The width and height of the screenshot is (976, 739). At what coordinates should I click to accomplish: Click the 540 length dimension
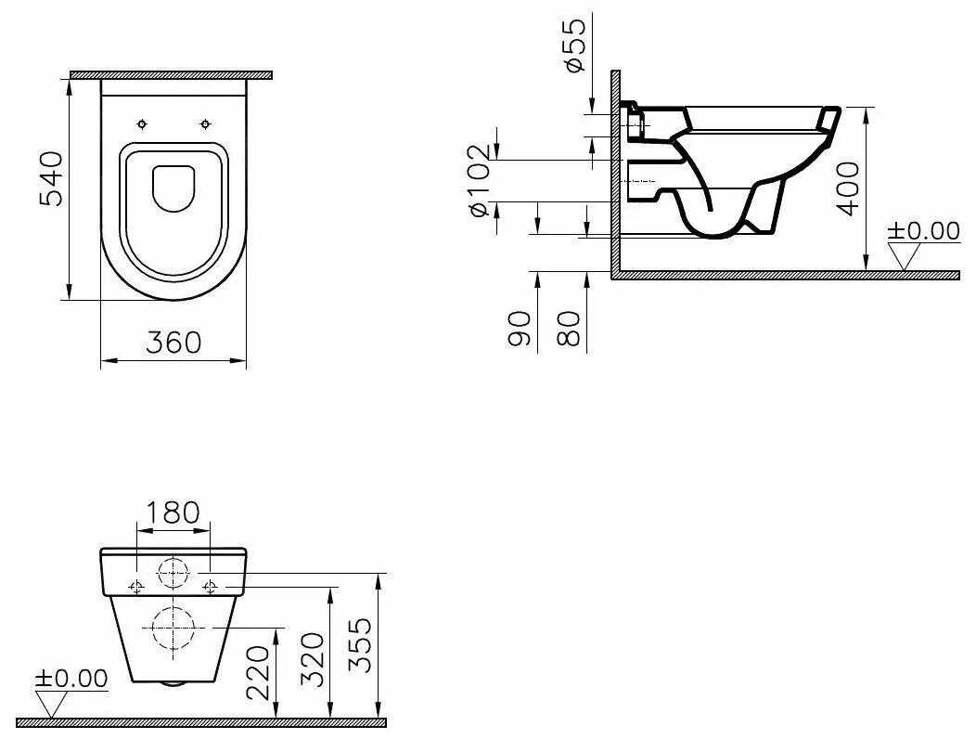click(50, 178)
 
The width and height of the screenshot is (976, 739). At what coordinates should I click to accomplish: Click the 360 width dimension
click(173, 342)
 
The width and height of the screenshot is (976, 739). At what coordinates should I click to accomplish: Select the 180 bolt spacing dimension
click(173, 512)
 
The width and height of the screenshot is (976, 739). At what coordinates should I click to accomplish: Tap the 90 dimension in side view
click(520, 328)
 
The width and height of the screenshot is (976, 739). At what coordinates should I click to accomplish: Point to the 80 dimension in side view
click(570, 328)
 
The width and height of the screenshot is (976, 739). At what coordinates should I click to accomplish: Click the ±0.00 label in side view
click(923, 230)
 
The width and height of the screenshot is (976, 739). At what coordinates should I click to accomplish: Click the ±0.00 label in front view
click(71, 679)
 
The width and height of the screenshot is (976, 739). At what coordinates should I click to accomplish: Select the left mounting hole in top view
click(142, 123)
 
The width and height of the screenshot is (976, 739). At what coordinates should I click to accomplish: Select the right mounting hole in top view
click(205, 123)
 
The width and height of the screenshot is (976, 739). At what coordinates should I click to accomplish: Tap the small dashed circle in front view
click(173, 574)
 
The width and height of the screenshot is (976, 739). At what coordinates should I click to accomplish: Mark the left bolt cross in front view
click(136, 586)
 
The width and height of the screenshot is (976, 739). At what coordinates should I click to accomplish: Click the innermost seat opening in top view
click(173, 188)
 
